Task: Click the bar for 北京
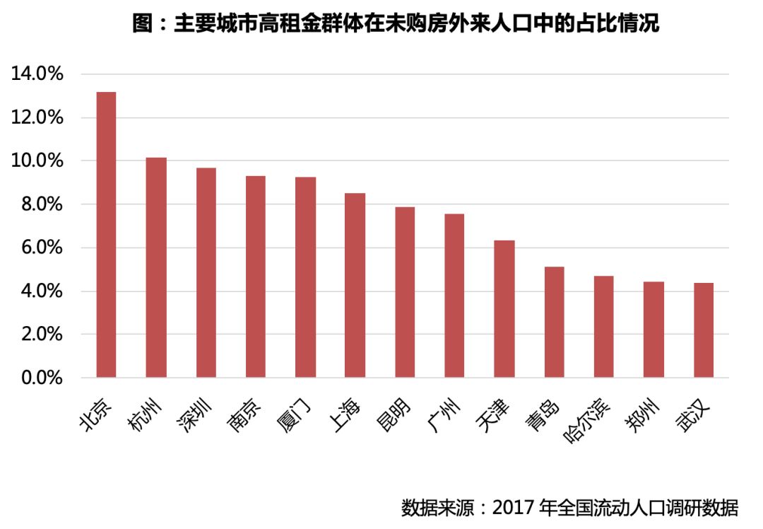coord(106,235)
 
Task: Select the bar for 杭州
coord(156,267)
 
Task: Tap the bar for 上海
coord(355,285)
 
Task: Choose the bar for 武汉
coord(704,330)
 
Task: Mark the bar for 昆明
coord(405,292)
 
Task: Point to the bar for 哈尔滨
coord(604,327)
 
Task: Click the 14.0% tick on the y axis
coord(37,74)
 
